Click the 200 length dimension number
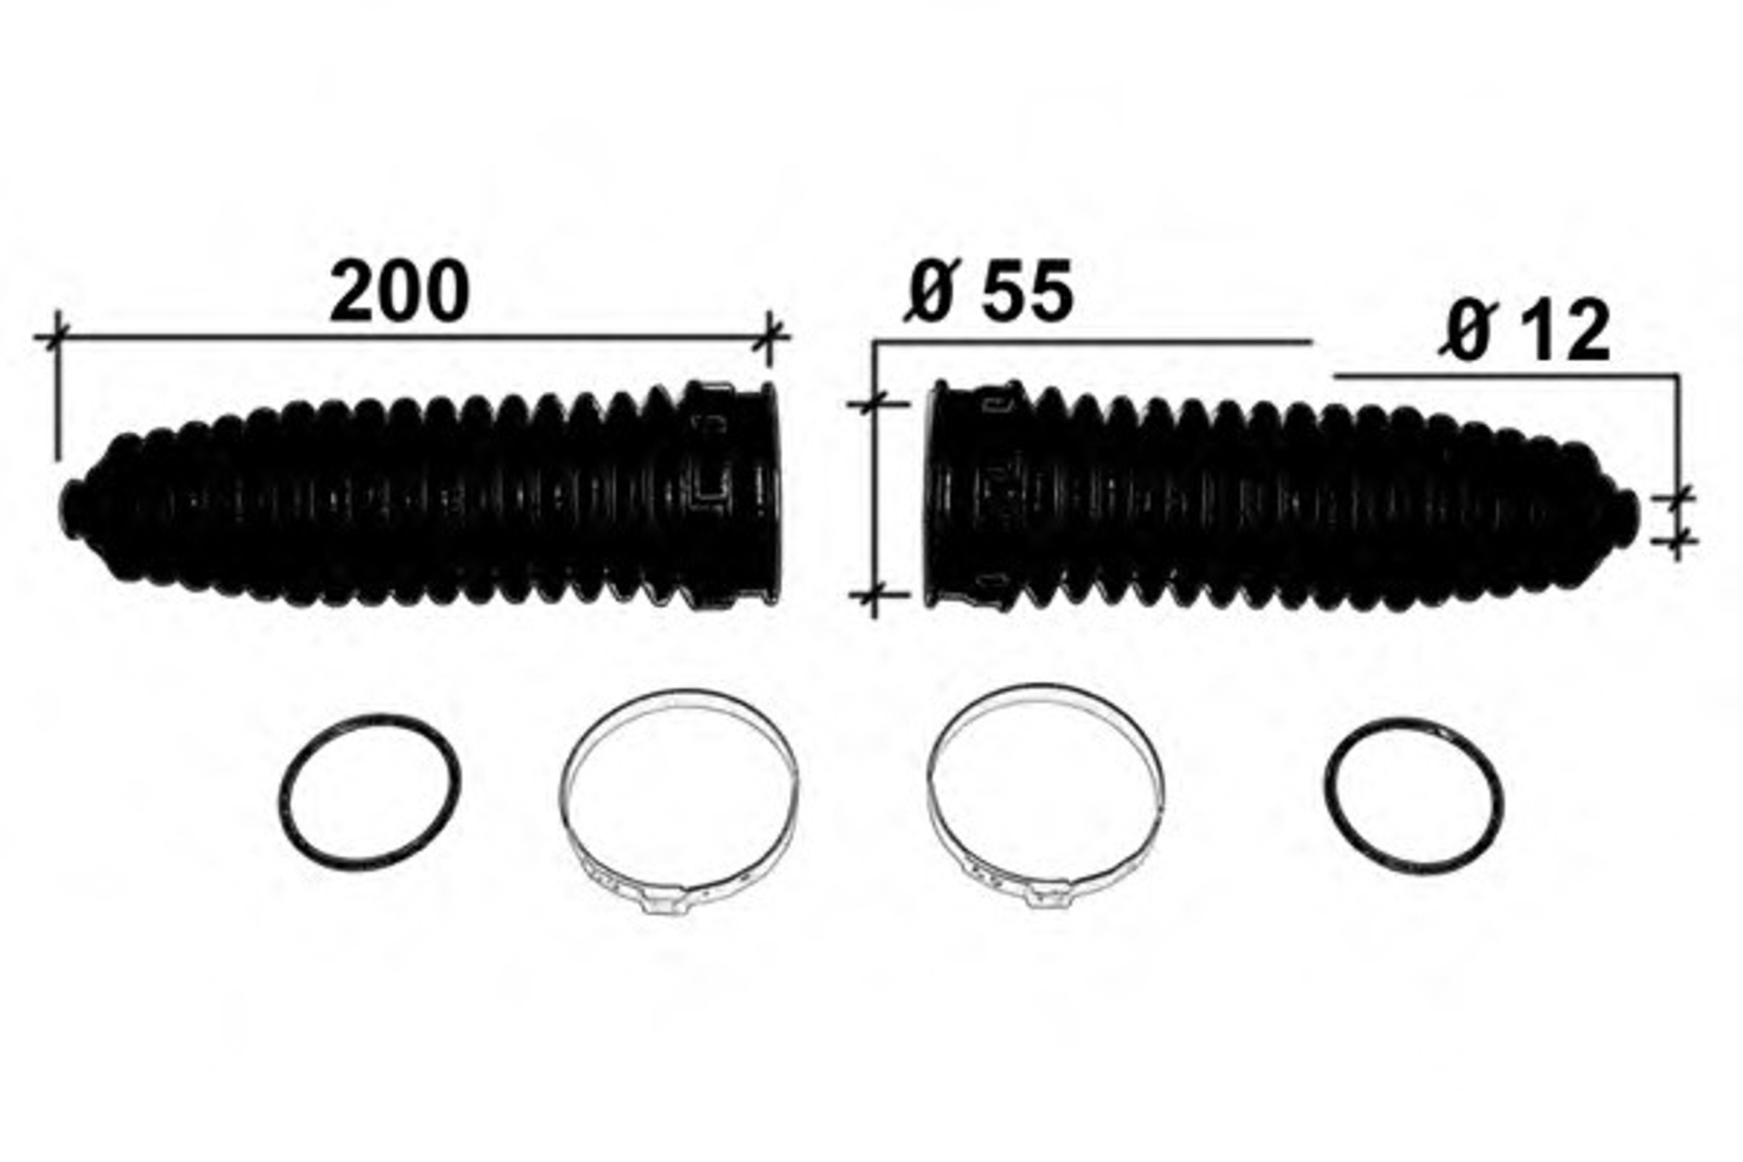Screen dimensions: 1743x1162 click(399, 290)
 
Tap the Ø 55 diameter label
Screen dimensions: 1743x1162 click(988, 290)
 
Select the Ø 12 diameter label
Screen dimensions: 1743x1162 click(1524, 331)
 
